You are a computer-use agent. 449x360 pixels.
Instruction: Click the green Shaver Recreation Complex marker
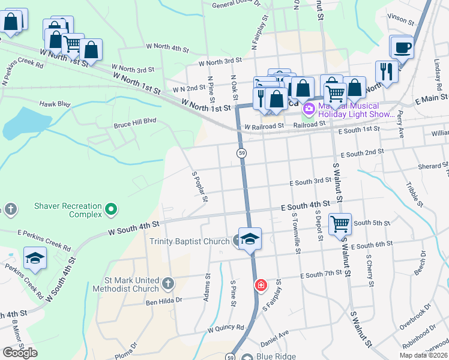[110, 209]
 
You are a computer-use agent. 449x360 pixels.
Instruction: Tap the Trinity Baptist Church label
[189, 242]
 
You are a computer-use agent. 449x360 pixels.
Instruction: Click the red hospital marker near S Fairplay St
[261, 285]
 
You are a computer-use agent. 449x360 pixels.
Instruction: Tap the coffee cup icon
[402, 48]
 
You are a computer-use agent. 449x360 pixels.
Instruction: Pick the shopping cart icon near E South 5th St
[340, 224]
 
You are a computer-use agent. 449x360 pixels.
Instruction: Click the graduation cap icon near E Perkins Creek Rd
[35, 259]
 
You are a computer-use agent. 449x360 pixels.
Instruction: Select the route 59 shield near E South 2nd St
[240, 154]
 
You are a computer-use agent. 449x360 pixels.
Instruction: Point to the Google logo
[20, 353]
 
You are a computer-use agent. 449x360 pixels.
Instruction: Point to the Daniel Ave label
[275, 332]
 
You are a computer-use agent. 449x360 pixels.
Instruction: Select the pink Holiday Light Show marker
[309, 109]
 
